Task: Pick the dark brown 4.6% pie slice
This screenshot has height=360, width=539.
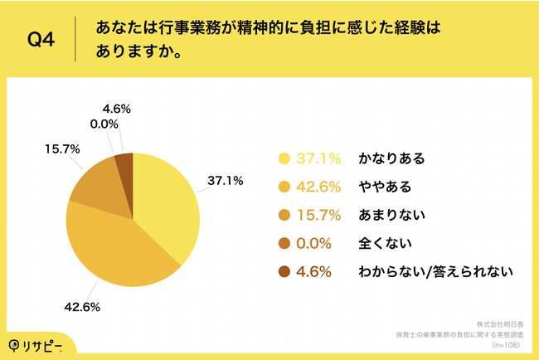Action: coord(124,162)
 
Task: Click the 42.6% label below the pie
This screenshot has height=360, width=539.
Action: coord(83,306)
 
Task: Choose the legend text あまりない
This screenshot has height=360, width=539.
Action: coord(391,215)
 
